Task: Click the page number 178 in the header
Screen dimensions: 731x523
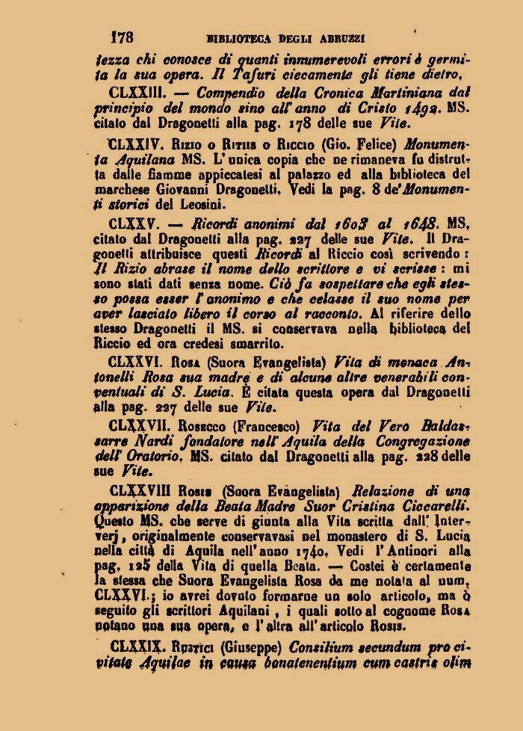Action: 121,35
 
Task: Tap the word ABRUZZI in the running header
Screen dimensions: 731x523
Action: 343,36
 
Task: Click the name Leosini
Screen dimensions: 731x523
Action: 201,206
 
